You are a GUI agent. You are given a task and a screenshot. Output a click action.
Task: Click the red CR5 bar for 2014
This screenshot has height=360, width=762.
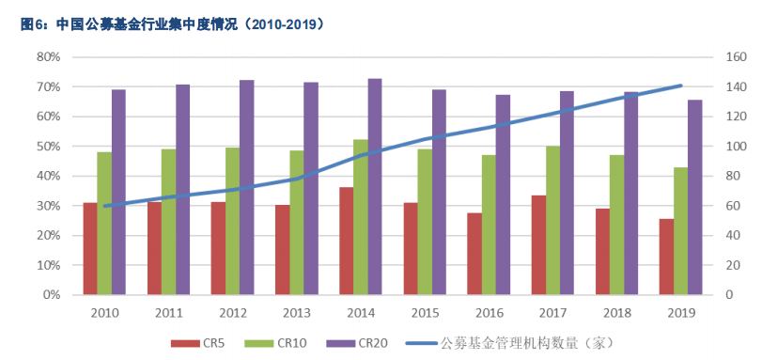tap(346, 241)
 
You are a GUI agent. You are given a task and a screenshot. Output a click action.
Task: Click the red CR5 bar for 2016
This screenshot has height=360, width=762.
tap(474, 254)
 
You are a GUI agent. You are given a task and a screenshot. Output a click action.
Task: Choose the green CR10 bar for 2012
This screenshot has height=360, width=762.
tap(231, 221)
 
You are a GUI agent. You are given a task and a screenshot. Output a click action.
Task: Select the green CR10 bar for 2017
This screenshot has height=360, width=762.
tap(552, 220)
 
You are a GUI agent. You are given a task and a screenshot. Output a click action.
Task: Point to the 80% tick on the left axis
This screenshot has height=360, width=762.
tap(47, 57)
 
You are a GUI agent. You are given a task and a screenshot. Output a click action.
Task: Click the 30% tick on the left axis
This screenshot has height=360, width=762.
tap(47, 206)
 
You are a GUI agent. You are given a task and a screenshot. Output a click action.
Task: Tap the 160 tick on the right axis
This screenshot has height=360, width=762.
tap(734, 57)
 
